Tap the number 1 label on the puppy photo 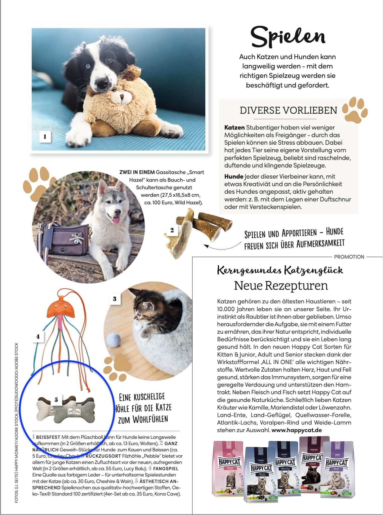click(x=45, y=137)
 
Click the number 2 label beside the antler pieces click(x=172, y=230)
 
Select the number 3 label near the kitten click(x=115, y=299)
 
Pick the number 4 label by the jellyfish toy click(x=38, y=336)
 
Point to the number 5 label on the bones click(x=56, y=400)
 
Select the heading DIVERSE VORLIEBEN click(x=288, y=111)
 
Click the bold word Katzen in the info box click(x=234, y=127)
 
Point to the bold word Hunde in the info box click(x=234, y=177)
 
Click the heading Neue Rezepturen click(x=281, y=286)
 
